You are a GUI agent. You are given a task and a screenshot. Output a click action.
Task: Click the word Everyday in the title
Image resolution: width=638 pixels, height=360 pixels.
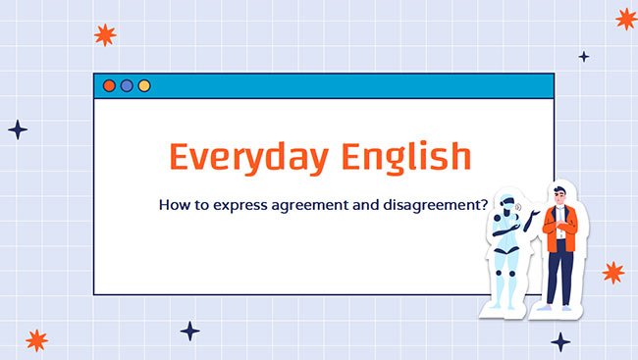(246, 157)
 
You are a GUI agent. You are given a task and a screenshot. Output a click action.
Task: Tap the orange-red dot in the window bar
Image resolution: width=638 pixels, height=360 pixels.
(109, 86)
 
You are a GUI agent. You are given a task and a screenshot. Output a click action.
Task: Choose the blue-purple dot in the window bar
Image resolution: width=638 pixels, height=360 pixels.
(127, 86)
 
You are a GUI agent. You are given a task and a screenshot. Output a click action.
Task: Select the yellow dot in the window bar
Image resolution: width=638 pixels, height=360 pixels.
(144, 86)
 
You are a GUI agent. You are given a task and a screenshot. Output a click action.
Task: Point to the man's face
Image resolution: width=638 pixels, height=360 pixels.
(558, 196)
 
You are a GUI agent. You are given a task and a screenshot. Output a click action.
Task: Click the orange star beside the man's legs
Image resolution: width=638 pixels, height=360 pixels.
(612, 273)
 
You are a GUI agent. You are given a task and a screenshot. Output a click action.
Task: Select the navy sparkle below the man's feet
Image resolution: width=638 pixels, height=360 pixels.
(559, 341)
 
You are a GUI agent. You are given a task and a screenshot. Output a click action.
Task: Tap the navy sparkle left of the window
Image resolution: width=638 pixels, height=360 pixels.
(18, 129)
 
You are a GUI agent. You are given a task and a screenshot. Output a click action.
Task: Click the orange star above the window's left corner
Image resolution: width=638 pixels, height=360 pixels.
(105, 35)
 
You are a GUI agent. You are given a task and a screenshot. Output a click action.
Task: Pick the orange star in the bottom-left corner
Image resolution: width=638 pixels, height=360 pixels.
(36, 339)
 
